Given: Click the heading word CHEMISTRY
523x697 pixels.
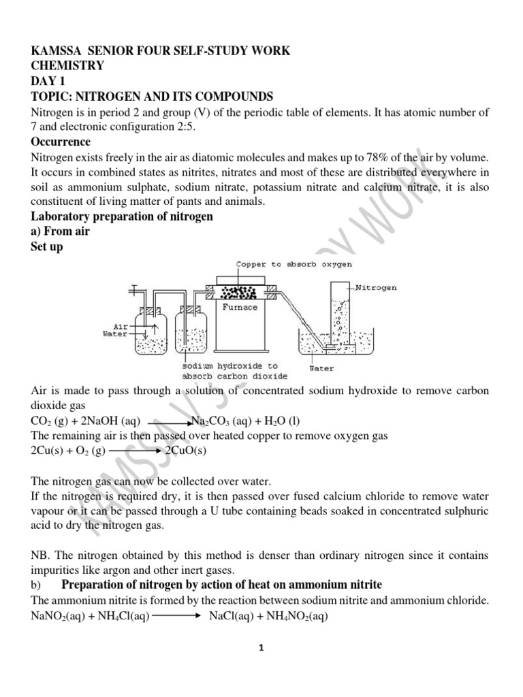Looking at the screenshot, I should click(x=67, y=66).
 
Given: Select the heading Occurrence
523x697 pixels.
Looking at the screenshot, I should click(x=61, y=142).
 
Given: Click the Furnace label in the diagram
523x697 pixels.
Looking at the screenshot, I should click(x=240, y=308).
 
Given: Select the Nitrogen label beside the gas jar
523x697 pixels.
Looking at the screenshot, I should click(x=376, y=288).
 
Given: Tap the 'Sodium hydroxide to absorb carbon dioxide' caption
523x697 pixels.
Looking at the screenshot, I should click(x=234, y=371).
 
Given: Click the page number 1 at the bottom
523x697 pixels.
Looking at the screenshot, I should click(x=261, y=649).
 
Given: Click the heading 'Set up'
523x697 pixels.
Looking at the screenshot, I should click(x=46, y=247).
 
